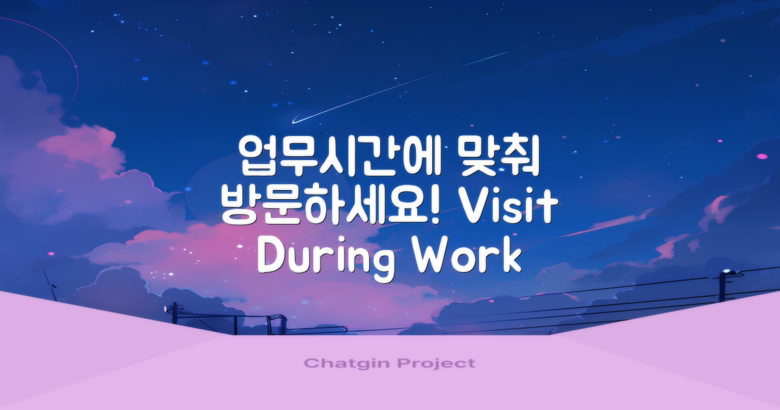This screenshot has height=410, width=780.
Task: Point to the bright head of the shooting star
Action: pos(294,120)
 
